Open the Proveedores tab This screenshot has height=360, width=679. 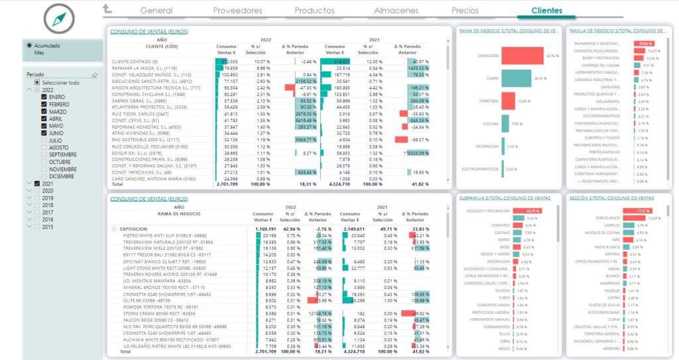coord(237,11)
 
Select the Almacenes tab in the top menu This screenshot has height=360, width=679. coord(396,11)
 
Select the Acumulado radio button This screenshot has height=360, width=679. coord(29,45)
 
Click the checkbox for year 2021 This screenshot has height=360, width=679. coord(38,183)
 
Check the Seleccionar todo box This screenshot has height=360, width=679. coord(38,82)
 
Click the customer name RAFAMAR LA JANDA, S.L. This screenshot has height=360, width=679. coord(144,68)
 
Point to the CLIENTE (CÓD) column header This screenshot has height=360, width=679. coord(149,46)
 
